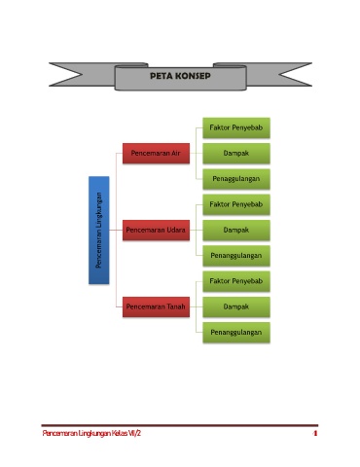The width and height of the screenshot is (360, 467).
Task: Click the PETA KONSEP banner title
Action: coord(180,76)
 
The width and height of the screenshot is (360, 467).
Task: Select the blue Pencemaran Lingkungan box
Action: coord(99,231)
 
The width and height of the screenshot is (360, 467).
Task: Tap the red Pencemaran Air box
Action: coord(156,153)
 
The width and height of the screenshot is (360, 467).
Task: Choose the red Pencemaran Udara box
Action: coord(156,230)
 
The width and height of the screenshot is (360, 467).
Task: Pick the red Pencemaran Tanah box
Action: coord(156,306)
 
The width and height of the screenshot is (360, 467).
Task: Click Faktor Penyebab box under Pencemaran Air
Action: coord(236,127)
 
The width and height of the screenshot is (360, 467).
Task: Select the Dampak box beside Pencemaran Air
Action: coord(236,153)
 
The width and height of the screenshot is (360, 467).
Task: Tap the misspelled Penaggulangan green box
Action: coord(236,179)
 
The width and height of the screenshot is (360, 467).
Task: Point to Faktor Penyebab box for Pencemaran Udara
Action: coord(236,204)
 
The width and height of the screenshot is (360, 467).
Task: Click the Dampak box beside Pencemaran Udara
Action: coord(236,230)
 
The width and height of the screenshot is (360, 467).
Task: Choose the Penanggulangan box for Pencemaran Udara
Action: coord(236,256)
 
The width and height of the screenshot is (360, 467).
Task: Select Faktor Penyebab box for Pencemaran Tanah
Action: coord(236,281)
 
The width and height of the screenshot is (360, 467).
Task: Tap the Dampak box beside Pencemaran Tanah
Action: coord(236,306)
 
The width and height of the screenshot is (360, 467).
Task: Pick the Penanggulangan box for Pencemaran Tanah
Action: coord(236,333)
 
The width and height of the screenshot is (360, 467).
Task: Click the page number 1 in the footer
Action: coord(315,433)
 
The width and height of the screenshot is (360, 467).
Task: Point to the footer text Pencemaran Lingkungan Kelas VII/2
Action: coord(91,433)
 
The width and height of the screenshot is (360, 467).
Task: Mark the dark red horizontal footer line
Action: coord(180,425)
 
